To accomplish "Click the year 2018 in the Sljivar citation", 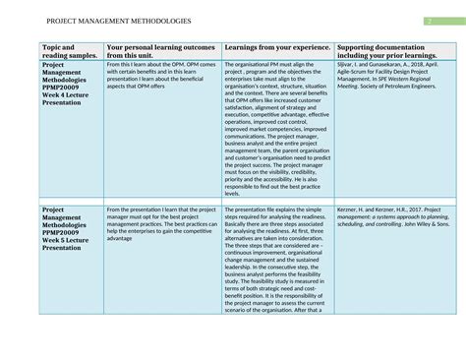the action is [x=421, y=65].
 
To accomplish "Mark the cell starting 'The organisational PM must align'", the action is [x=278, y=128].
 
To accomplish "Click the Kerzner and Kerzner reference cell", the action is [x=393, y=217].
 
